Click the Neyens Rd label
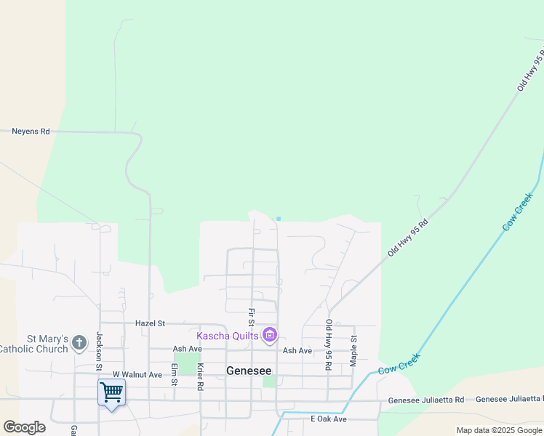[x=31, y=132]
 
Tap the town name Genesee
[x=248, y=370]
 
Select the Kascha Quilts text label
[x=228, y=335]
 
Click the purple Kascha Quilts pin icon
[x=270, y=335]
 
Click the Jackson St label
[x=100, y=349]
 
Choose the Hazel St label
[x=151, y=323]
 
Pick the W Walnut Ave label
[x=137, y=375]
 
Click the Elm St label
[x=174, y=371]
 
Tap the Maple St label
[x=354, y=350]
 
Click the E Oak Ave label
[x=329, y=419]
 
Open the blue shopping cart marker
[x=111, y=392]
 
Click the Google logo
[x=24, y=427]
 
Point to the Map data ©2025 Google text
[x=499, y=430]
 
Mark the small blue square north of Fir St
[x=279, y=218]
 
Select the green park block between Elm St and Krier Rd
[x=187, y=364]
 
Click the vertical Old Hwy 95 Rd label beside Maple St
[x=329, y=345]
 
